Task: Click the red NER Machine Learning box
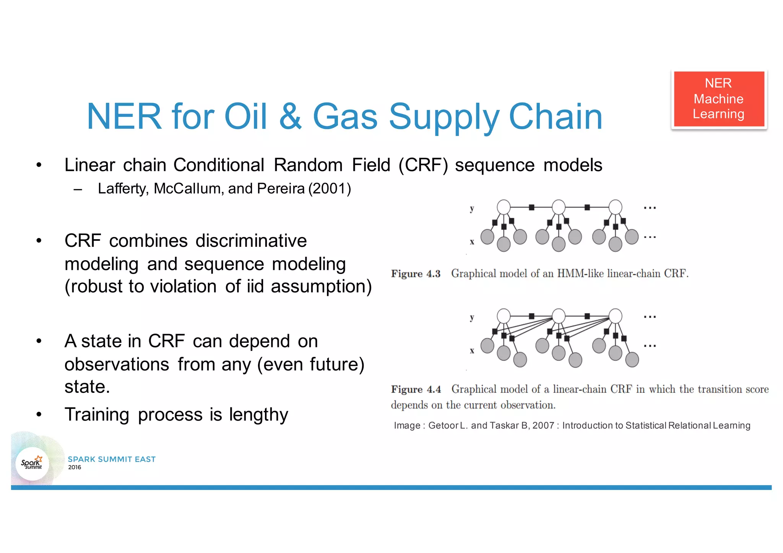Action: click(x=718, y=99)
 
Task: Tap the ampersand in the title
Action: click(x=291, y=117)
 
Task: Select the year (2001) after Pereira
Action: click(x=330, y=189)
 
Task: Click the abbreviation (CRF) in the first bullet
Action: click(x=423, y=165)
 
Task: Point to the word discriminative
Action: click(x=251, y=241)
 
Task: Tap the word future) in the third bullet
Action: click(x=337, y=364)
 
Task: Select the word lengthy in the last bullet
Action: click(x=258, y=415)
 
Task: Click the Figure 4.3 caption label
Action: click(x=416, y=274)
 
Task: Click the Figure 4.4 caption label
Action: click(x=416, y=389)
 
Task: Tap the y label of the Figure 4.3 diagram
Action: click(x=472, y=208)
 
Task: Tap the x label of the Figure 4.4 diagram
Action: click(x=472, y=350)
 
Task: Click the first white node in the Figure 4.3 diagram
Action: click(x=504, y=207)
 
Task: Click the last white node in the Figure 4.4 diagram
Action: click(x=615, y=316)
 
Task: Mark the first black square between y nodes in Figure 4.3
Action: click(x=531, y=208)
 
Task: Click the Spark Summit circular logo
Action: click(x=32, y=464)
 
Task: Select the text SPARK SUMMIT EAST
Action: click(x=112, y=459)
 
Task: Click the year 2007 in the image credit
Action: click(x=543, y=425)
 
